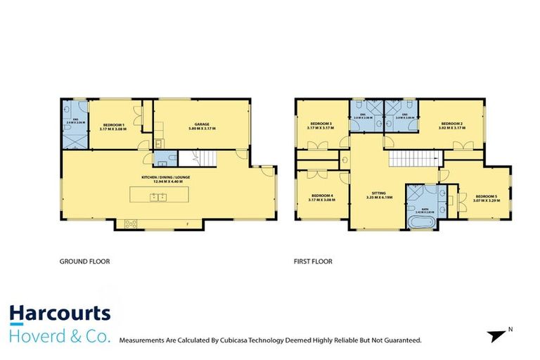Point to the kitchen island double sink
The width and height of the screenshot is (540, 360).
click(x=157, y=196)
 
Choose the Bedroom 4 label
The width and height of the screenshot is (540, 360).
click(x=321, y=197)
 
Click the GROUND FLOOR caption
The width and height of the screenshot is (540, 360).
click(x=84, y=261)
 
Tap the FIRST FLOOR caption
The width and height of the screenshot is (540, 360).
click(x=313, y=261)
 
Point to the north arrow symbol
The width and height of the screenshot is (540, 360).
click(x=498, y=335)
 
